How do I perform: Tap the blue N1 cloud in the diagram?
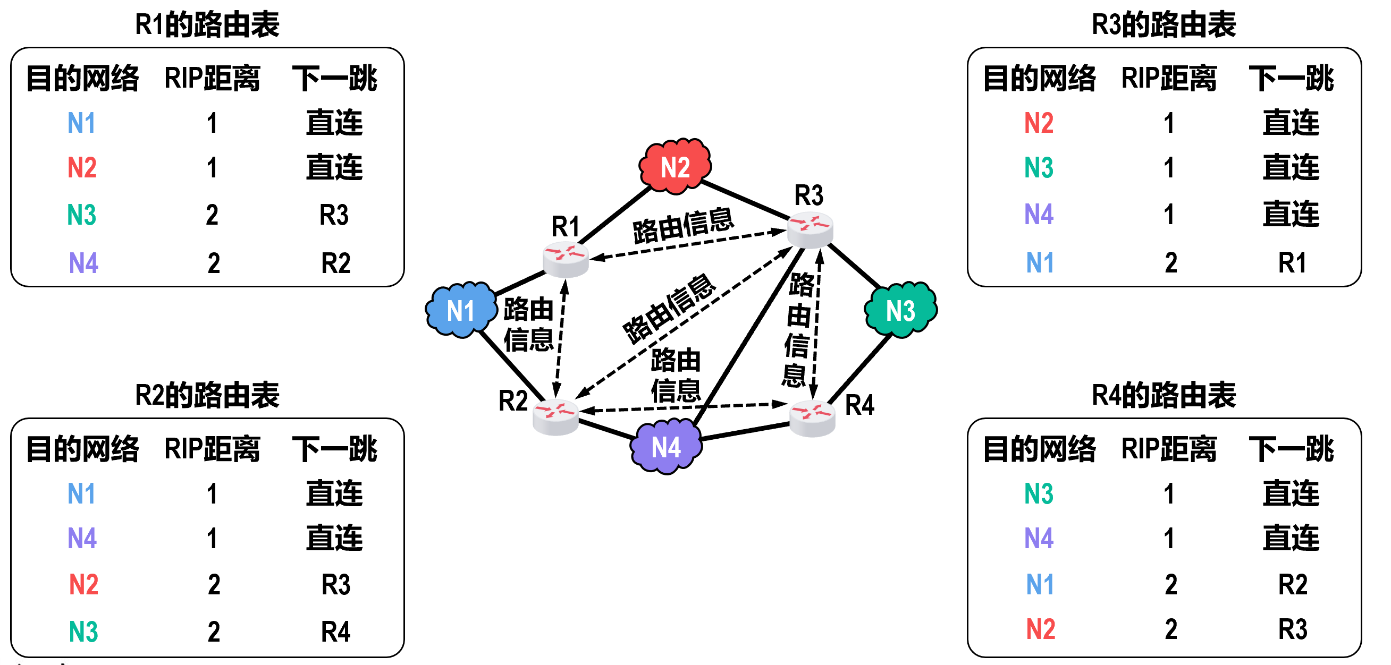(x=461, y=310)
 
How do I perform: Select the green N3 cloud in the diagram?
(x=901, y=310)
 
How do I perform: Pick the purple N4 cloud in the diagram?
(x=667, y=447)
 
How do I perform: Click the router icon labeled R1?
(x=566, y=259)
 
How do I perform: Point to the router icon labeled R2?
(x=555, y=417)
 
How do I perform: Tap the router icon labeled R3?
(x=810, y=229)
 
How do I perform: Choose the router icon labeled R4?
(x=812, y=419)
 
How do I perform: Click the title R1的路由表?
(x=207, y=24)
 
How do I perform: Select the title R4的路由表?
(x=1164, y=395)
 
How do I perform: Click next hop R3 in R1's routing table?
(x=334, y=215)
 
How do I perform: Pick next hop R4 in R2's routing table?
(x=335, y=632)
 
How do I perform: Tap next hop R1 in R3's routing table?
(x=1292, y=263)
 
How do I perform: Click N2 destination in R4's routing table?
(x=1041, y=629)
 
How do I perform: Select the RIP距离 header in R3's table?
(x=1169, y=78)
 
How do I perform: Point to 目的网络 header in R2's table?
(x=82, y=449)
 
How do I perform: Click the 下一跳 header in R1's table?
(x=335, y=78)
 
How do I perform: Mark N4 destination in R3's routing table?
(x=1040, y=214)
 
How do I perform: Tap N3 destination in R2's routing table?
(x=83, y=632)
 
